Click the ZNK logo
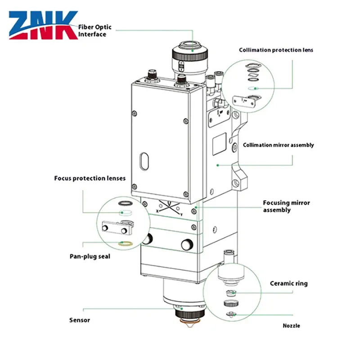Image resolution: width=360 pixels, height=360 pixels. coord(43,25)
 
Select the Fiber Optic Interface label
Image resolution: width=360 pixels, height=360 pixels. coord(95,31)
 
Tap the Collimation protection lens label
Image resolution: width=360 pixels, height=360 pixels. coord(276,50)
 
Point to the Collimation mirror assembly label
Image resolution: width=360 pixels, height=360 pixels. coord(278,145)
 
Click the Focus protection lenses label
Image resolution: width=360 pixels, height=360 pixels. coord(90,178)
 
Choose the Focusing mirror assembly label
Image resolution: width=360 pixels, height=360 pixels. coord(286,207)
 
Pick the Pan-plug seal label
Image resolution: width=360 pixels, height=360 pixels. coord(90,256)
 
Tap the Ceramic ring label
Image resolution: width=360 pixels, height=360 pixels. coord(288,283)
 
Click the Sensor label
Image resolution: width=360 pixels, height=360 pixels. coord(80,320)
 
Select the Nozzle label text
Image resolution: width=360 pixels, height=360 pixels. coord(291,325)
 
